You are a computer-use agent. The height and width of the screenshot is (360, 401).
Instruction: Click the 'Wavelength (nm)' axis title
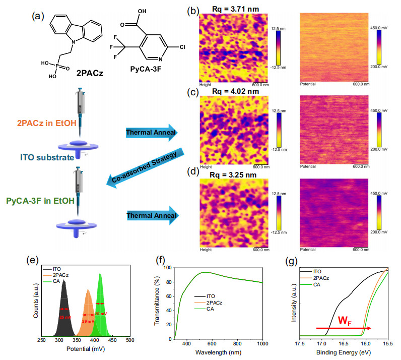pyautogui.click(x=218, y=351)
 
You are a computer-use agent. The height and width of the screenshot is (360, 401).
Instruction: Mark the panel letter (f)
pyautogui.click(x=160, y=261)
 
